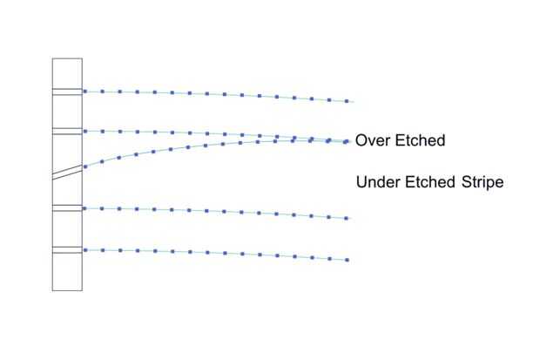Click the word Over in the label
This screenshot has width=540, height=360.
(x=373, y=140)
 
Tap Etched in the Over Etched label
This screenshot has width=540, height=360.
(x=419, y=140)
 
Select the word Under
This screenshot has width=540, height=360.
(x=379, y=183)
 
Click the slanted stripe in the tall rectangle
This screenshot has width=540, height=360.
(x=67, y=172)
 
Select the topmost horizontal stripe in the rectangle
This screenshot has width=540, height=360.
(x=67, y=91)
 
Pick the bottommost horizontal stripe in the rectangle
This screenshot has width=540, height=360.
(x=67, y=250)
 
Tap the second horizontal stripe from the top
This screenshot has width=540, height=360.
(x=67, y=131)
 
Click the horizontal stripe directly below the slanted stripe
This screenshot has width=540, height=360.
(x=67, y=207)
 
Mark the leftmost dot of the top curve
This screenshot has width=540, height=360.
(x=84, y=91)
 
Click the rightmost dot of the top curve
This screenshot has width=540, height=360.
(x=348, y=101)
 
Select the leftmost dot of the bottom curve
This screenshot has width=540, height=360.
(x=84, y=250)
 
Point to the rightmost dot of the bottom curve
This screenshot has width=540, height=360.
(x=348, y=260)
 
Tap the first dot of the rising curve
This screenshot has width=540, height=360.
(x=84, y=166)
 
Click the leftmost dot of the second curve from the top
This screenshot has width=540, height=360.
(x=84, y=131)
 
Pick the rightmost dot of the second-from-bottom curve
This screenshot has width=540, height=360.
(x=348, y=218)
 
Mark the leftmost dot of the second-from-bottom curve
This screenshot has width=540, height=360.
(x=84, y=208)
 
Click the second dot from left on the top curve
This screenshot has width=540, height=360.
(x=102, y=91)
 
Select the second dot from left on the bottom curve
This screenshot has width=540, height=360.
(x=102, y=250)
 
